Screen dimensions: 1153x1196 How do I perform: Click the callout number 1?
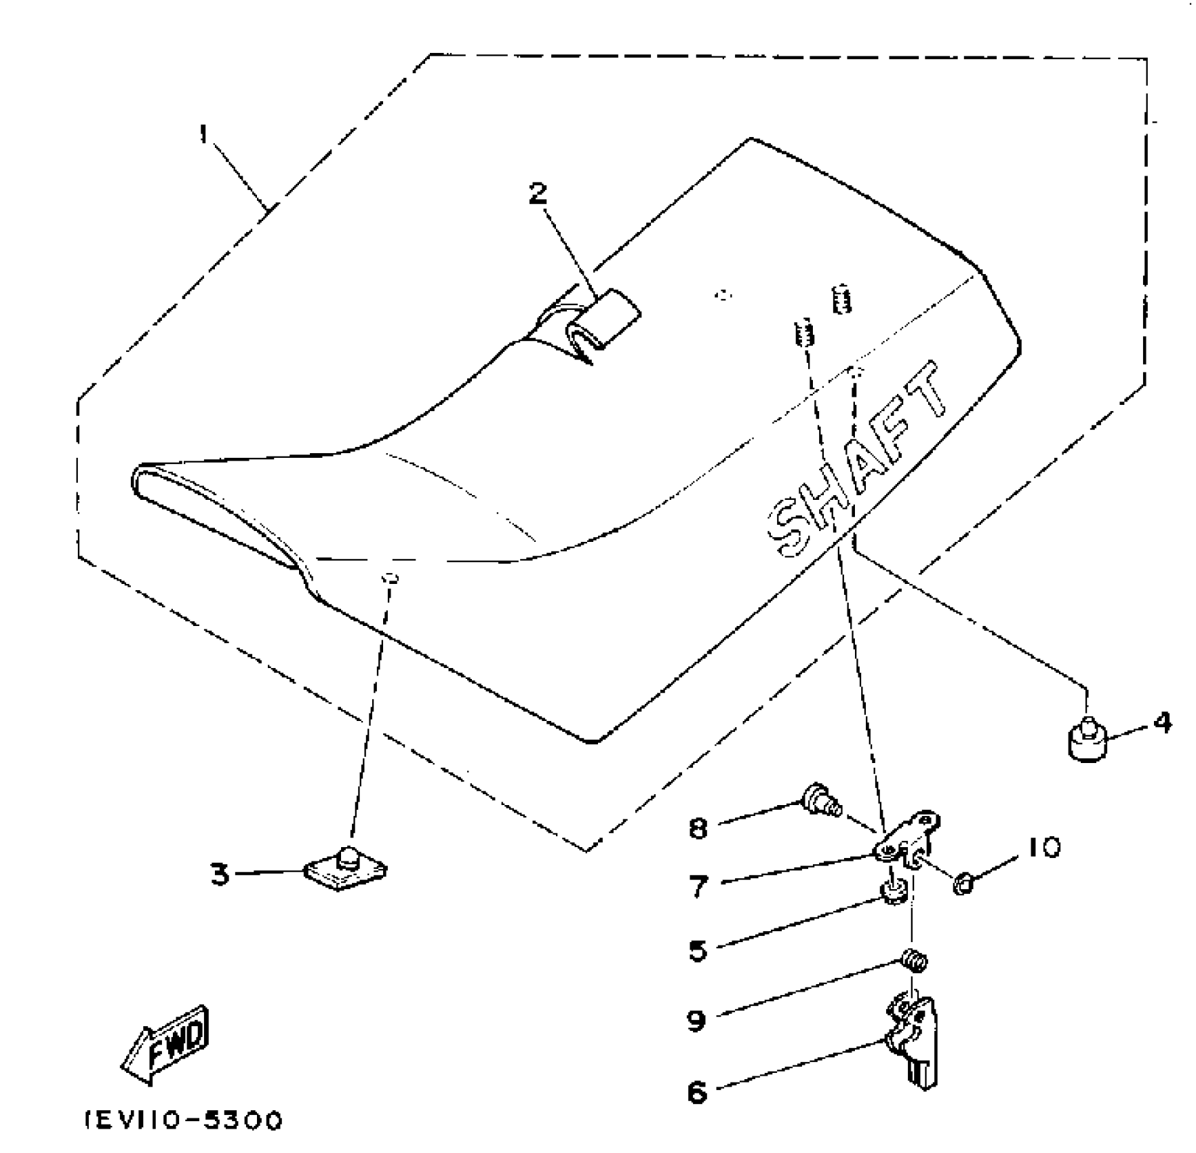tap(203, 134)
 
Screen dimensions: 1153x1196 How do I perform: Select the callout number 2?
tap(538, 194)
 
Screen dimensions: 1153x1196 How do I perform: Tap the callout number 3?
tap(220, 874)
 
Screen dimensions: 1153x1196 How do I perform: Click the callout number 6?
tap(697, 1092)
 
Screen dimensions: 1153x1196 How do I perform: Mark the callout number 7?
tap(699, 885)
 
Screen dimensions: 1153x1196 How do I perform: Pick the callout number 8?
tap(698, 828)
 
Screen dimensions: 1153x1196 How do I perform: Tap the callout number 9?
tap(696, 1020)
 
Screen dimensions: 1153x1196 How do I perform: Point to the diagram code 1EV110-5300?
tap(183, 1121)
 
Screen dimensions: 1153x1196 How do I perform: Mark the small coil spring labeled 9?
tap(915, 960)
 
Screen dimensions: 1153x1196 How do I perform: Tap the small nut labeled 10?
tap(963, 884)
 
